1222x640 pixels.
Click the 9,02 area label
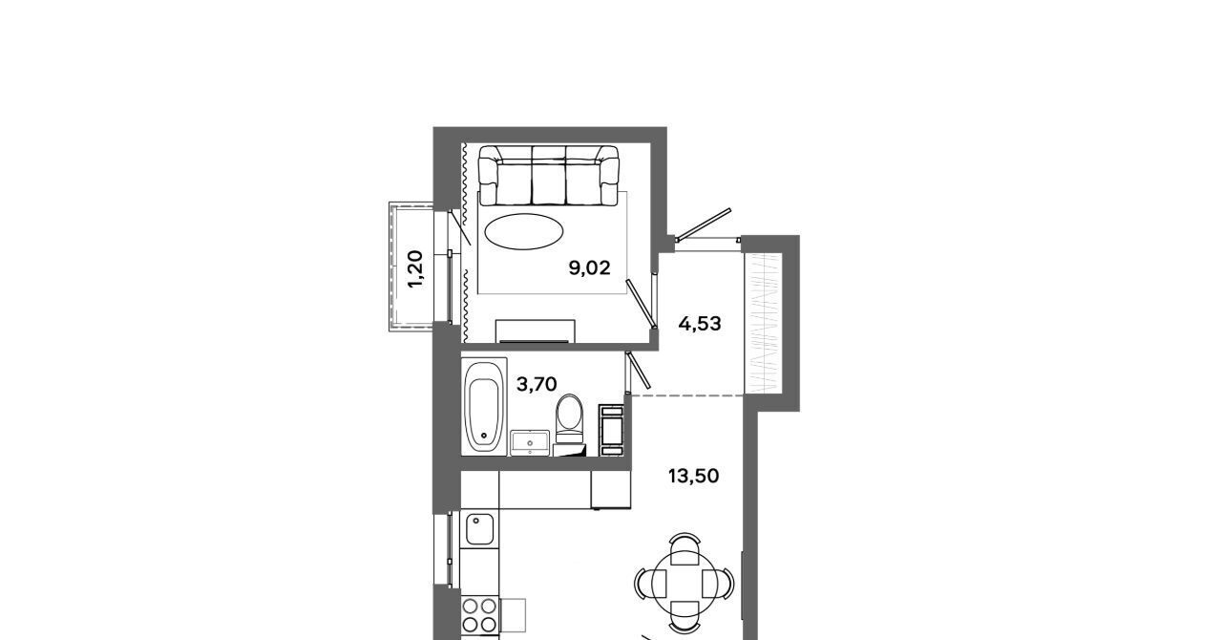(589, 268)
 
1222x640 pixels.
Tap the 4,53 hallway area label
(700, 324)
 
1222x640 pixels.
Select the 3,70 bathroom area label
(537, 384)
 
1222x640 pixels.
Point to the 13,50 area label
(693, 476)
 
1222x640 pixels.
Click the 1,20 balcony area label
(415, 269)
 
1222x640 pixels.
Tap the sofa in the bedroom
(548, 176)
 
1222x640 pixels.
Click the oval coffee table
(524, 231)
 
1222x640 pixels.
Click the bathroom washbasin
(530, 443)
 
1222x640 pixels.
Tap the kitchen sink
(479, 529)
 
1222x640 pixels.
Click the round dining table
(685, 585)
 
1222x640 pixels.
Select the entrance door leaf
(704, 224)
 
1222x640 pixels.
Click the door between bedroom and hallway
(640, 304)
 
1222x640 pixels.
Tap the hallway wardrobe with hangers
(763, 323)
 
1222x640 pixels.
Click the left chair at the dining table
(650, 585)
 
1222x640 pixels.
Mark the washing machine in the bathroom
(611, 430)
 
